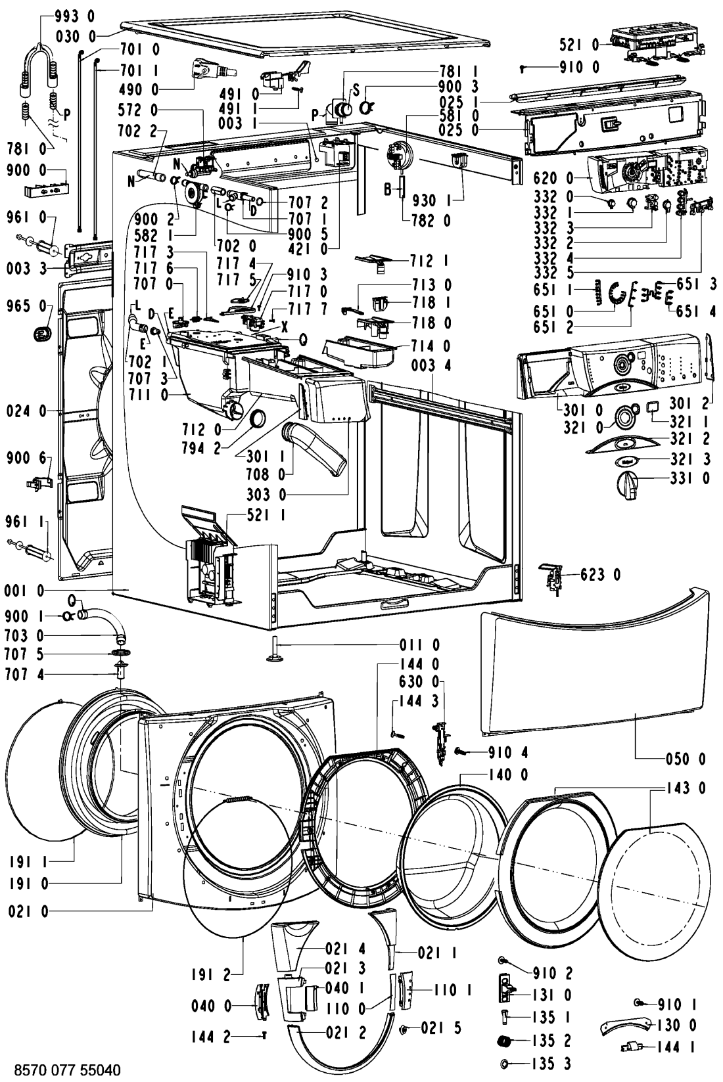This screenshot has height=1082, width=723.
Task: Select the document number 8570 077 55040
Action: (67, 1070)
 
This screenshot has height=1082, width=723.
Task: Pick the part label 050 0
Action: (686, 759)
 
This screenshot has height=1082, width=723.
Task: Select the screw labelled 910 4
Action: (460, 752)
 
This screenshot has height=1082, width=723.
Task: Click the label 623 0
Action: (600, 574)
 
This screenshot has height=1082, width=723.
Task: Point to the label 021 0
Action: (28, 911)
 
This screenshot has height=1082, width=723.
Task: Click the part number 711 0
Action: (149, 395)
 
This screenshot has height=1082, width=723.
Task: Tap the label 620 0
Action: (553, 178)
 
